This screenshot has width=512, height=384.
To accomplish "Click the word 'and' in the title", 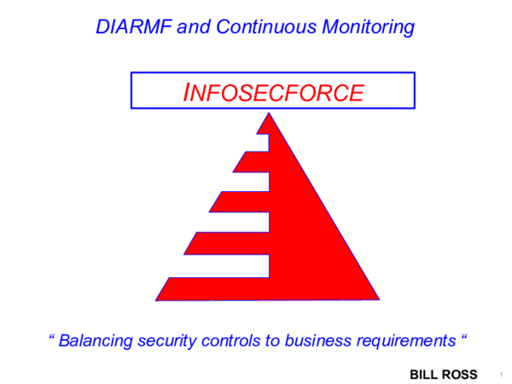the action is [193, 26].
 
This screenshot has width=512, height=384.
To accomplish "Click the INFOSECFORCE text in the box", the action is [273, 91].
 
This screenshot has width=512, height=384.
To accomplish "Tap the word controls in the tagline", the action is [238, 340].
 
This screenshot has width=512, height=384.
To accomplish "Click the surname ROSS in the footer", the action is [462, 374].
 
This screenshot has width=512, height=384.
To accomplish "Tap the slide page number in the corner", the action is [500, 374].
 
